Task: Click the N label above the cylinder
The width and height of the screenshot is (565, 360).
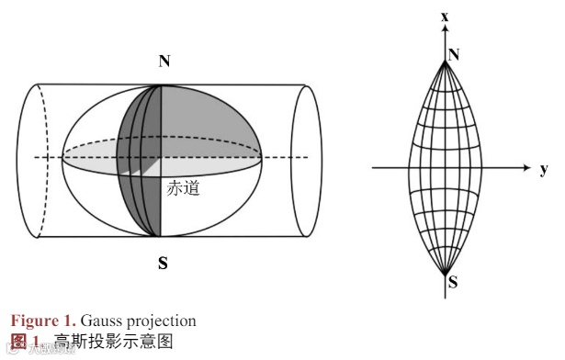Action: [x=164, y=62]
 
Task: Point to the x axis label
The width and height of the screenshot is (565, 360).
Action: [x=445, y=17]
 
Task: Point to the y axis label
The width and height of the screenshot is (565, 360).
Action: [x=544, y=168]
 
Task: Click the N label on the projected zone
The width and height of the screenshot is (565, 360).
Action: [x=454, y=56]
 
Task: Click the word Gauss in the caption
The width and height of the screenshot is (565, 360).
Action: [x=98, y=321]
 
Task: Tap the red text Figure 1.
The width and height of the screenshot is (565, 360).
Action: [x=43, y=321]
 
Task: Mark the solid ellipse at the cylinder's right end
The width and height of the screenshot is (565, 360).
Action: [x=308, y=161]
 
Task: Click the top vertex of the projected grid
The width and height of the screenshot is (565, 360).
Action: [x=445, y=62]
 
